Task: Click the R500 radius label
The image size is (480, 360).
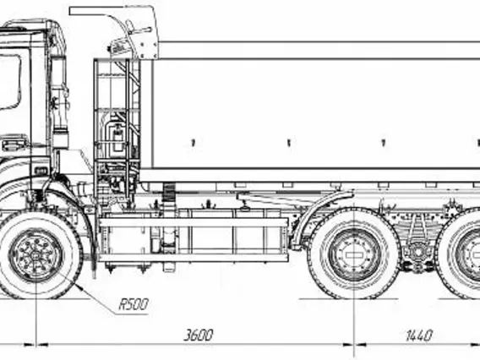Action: (134, 304)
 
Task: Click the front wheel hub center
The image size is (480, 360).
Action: (36, 256)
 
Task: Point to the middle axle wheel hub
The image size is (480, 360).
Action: (354, 255)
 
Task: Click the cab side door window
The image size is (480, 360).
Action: (9, 82)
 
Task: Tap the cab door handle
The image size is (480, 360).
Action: (14, 145)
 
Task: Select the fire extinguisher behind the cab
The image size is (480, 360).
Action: (117, 139)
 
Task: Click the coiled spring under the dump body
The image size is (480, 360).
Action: (167, 192)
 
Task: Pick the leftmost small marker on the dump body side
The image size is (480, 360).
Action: (193, 143)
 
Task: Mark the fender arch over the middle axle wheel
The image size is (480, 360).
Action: (321, 215)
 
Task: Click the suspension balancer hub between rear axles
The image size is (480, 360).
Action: (417, 253)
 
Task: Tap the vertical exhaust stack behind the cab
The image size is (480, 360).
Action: (59, 102)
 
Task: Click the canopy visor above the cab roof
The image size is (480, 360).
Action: (113, 30)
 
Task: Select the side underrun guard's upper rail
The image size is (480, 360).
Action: (194, 222)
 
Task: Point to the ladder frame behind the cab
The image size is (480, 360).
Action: (117, 128)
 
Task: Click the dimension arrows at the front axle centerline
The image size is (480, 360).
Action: (36, 345)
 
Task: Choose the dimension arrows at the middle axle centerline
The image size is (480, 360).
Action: (354, 345)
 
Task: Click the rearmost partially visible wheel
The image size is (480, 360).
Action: (458, 254)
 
